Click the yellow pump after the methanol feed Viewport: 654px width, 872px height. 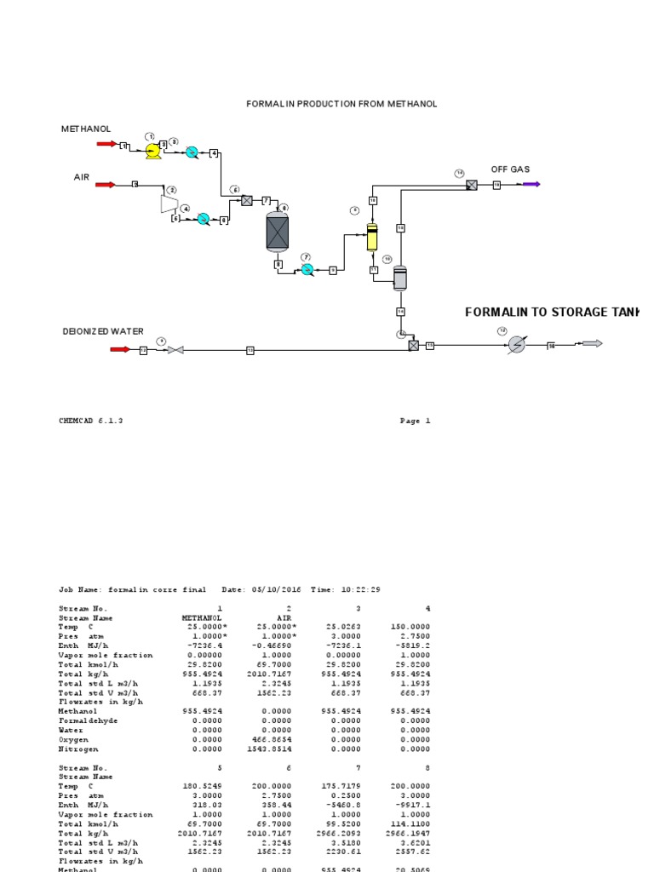click(153, 152)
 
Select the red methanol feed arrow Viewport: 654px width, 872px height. click(107, 144)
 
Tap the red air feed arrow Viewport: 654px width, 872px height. click(107, 184)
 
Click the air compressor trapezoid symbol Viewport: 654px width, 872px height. click(168, 204)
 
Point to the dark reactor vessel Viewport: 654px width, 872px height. click(278, 232)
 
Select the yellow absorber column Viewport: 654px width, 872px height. click(372, 238)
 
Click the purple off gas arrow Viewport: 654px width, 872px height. click(531, 184)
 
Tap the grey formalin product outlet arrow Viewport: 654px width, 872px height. click(591, 343)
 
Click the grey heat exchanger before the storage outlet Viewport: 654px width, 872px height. click(517, 344)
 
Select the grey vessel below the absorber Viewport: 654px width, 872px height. click(400, 278)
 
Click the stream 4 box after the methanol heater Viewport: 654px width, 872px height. click(215, 152)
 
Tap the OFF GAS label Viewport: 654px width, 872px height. click(510, 169)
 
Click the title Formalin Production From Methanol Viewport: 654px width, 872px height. click(341, 104)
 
